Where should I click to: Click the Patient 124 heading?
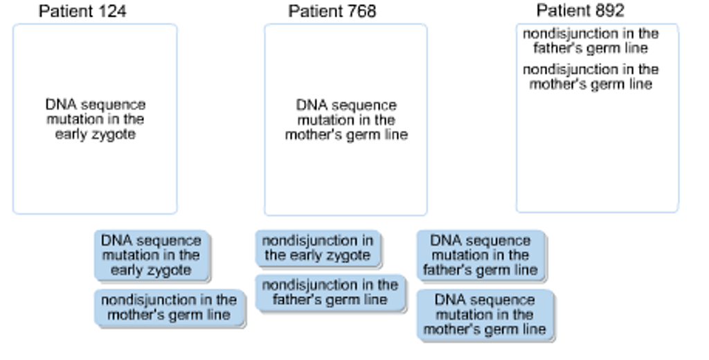[82, 11]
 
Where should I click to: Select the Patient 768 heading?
[332, 11]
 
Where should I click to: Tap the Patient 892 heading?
[580, 10]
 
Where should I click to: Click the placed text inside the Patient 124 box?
[96, 119]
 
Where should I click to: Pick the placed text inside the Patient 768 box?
[346, 120]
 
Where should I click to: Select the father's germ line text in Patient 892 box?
[591, 41]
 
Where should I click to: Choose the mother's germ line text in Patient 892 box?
[591, 77]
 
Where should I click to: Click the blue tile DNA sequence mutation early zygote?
[152, 255]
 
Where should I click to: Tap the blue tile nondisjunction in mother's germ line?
[169, 307]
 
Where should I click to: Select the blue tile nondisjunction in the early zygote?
[318, 248]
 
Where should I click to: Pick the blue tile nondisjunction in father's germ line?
[330, 292]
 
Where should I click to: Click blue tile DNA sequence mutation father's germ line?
[481, 255]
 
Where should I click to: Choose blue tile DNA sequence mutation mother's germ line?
[485, 315]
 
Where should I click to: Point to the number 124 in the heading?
[112, 11]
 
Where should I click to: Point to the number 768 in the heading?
[362, 11]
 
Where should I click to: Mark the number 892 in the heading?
[610, 10]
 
